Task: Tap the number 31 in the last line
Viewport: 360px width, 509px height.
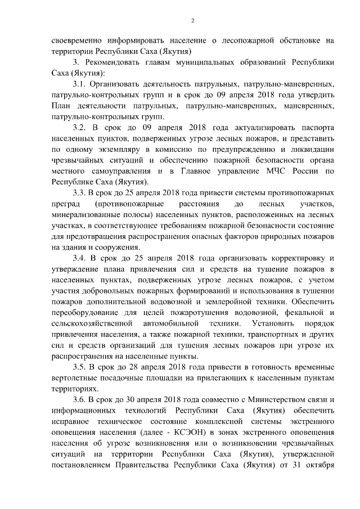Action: pyautogui.click(x=292, y=465)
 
